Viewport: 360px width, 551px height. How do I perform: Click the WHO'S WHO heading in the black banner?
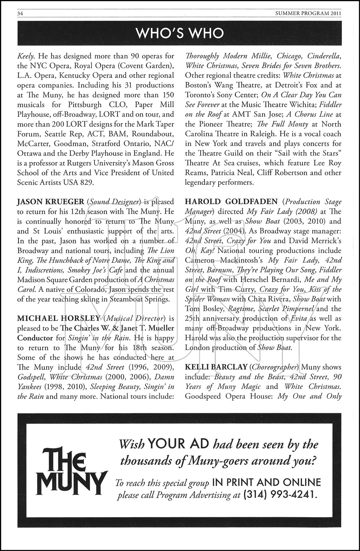click(180, 33)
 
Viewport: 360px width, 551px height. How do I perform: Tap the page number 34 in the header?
click(20, 14)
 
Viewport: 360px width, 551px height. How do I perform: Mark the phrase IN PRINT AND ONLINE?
click(266, 482)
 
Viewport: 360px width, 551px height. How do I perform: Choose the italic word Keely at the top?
click(26, 56)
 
